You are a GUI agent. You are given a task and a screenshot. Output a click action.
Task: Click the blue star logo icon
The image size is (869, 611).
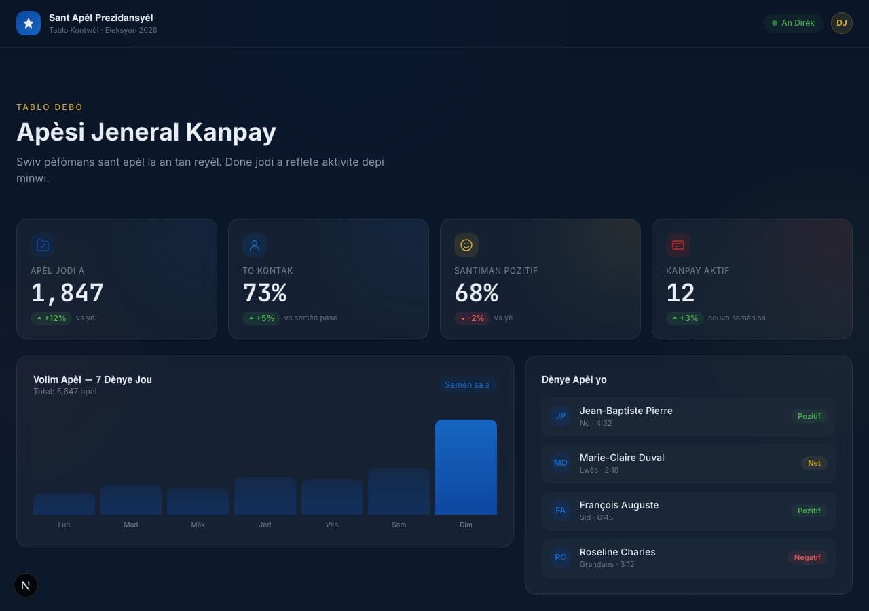29,23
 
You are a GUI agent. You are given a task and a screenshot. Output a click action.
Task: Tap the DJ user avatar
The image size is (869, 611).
841,23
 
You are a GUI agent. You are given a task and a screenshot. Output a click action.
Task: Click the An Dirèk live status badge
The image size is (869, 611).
793,23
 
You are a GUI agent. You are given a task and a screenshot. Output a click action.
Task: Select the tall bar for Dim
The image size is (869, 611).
466,467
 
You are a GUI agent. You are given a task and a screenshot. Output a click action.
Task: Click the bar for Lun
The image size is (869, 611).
64,504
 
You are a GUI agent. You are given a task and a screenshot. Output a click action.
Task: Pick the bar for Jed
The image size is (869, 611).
265,496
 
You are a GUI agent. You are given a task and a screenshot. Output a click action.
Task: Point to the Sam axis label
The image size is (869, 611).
399,525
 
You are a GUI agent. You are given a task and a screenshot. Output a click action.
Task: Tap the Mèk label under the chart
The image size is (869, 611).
198,525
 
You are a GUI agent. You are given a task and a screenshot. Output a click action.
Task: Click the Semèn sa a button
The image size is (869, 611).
468,385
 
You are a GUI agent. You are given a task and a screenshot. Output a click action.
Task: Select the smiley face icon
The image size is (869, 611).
466,245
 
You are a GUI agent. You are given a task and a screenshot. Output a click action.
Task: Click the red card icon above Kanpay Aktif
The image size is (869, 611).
678,245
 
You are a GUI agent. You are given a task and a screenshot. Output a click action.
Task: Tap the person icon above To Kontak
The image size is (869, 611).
255,245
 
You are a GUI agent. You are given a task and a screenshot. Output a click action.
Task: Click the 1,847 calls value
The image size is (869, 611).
67,293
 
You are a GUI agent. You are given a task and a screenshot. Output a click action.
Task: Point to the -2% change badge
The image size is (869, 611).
472,318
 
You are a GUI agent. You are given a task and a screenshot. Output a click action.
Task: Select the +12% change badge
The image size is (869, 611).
51,318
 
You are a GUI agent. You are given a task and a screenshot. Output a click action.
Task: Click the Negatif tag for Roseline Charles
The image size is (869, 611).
807,557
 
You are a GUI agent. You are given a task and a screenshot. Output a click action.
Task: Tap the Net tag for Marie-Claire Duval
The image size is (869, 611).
814,463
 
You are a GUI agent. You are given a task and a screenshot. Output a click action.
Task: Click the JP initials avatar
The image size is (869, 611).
560,416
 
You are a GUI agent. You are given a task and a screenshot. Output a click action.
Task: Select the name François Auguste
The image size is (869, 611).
619,505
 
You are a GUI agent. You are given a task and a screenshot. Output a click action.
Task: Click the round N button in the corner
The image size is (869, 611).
26,585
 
